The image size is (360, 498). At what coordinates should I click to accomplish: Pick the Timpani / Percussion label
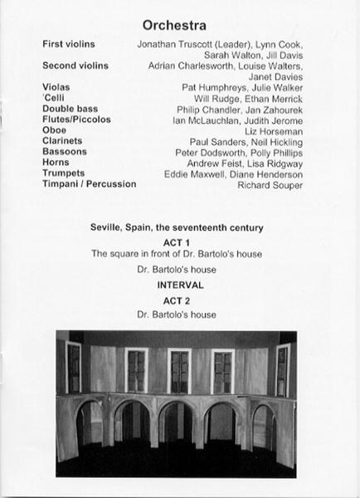pyautogui.click(x=89, y=183)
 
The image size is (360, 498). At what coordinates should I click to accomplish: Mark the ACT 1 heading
pyautogui.click(x=179, y=242)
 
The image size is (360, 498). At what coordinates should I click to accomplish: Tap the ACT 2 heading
pyautogui.click(x=179, y=300)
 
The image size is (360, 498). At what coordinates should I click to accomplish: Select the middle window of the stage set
pyautogui.click(x=179, y=371)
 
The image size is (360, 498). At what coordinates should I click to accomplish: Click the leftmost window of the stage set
pyautogui.click(x=74, y=367)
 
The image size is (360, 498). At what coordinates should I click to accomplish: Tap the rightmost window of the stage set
pyautogui.click(x=283, y=369)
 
